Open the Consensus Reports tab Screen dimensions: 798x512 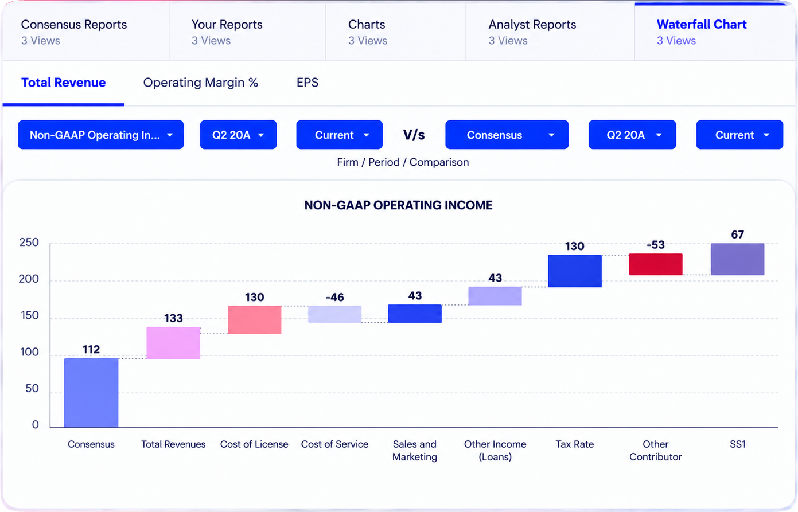tap(74, 32)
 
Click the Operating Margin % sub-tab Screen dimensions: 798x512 tap(201, 83)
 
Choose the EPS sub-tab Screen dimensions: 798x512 tap(307, 83)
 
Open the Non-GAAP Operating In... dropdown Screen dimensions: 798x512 tap(101, 135)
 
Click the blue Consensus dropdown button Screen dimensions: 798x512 tap(507, 135)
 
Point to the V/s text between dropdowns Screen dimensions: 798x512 tap(414, 135)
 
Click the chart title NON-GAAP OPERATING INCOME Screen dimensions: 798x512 tap(398, 205)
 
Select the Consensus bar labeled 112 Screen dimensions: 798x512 tap(91, 392)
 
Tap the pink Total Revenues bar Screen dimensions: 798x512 tap(173, 343)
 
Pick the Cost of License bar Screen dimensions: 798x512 tap(254, 320)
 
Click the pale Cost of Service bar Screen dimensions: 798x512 tap(335, 314)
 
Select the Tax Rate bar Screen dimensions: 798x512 tap(575, 271)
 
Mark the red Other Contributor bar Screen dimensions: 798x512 tap(656, 264)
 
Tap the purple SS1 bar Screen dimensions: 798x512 tap(737, 259)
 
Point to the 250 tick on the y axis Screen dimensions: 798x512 tap(29, 243)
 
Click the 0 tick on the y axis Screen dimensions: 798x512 tap(35, 424)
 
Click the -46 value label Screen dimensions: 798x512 tap(335, 297)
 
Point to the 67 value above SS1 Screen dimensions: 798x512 tap(737, 234)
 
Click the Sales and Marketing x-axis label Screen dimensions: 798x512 tap(415, 451)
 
